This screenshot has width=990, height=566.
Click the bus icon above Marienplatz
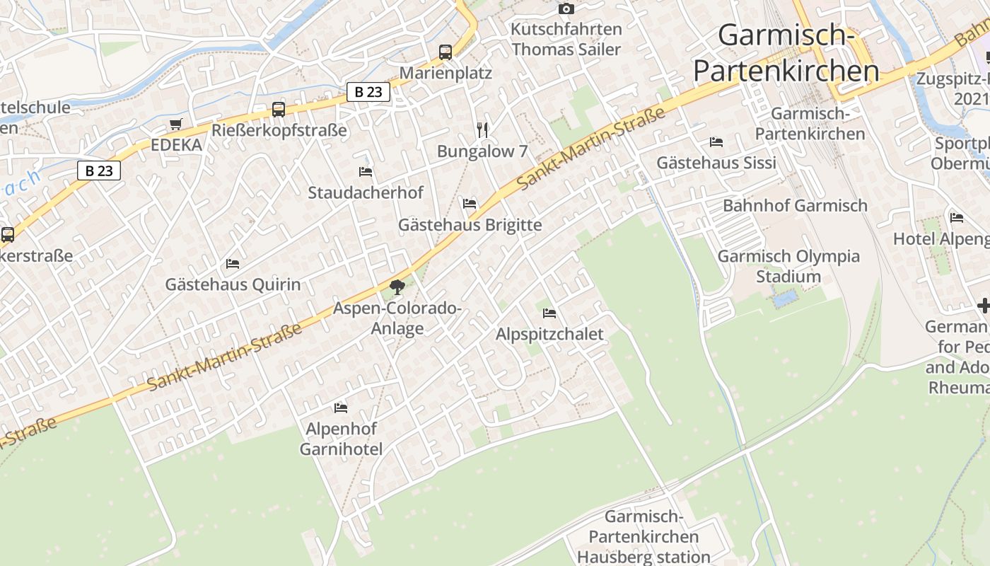(x=445, y=52)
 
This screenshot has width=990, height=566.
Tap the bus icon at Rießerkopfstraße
(x=279, y=110)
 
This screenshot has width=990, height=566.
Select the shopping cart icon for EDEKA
(x=175, y=125)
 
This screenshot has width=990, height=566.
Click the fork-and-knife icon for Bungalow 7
(x=482, y=129)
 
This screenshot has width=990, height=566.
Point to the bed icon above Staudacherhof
(x=366, y=171)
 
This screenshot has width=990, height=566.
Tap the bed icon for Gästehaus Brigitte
(x=470, y=204)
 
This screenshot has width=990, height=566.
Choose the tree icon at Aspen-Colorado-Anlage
(x=397, y=287)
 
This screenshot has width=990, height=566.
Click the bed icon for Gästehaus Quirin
(x=233, y=264)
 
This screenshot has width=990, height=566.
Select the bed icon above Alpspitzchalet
(x=549, y=313)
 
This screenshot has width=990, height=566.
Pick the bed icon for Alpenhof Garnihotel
(x=341, y=408)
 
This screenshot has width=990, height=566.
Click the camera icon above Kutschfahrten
(x=566, y=9)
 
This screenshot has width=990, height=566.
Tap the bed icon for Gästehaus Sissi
(x=716, y=142)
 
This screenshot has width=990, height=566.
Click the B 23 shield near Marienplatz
(x=368, y=91)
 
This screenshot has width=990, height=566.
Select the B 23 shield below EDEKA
(x=99, y=170)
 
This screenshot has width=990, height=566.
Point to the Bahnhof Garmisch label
(x=795, y=206)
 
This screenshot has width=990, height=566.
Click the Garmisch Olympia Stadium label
(x=788, y=266)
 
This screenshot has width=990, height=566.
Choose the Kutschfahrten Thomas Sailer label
(x=566, y=40)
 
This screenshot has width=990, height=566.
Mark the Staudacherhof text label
(x=366, y=192)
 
